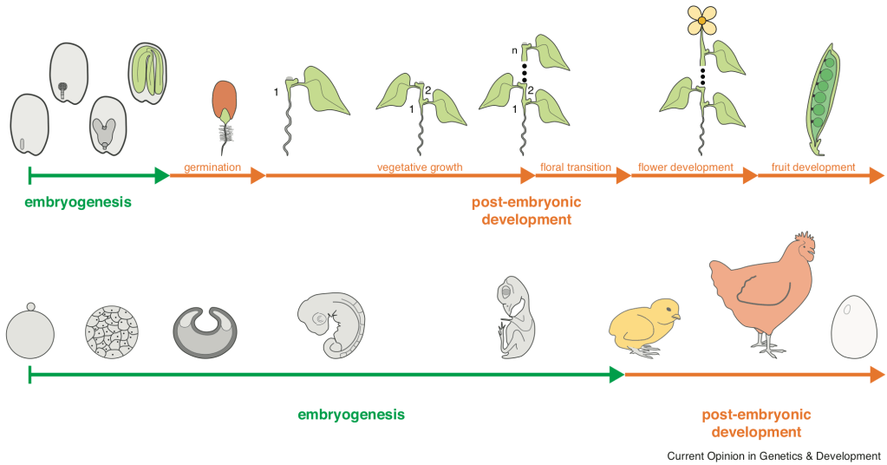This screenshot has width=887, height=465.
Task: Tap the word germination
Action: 212,167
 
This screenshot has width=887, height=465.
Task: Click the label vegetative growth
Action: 420,167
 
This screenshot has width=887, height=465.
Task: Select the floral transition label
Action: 576,167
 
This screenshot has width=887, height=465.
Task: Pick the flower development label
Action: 686,167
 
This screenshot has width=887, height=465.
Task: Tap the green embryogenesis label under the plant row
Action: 78,202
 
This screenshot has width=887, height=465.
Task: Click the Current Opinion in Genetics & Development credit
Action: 773,455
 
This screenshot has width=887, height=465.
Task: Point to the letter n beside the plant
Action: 514,51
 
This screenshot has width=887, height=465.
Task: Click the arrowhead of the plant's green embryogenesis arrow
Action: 161,176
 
